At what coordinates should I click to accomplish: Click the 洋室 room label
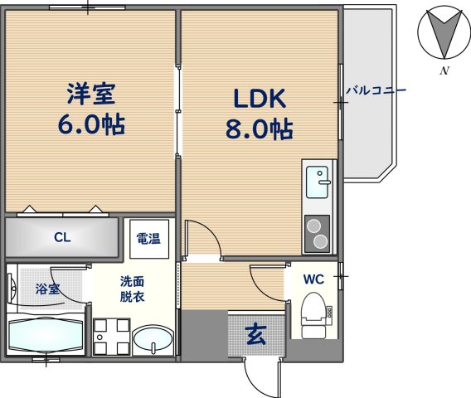[x=91, y=94]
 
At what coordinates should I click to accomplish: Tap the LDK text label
[x=260, y=99]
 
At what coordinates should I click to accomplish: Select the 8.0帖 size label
[x=260, y=129]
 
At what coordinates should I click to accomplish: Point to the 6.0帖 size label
[x=91, y=124]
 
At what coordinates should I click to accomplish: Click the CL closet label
[x=62, y=238]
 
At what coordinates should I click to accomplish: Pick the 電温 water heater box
[x=149, y=239]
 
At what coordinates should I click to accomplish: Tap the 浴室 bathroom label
[x=47, y=289]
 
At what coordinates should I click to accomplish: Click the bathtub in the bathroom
[x=46, y=333]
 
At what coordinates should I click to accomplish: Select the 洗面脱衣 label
[x=132, y=289]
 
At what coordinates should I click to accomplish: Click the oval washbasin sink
[x=153, y=339]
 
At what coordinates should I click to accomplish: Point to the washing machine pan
[x=111, y=337]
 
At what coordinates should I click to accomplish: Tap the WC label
[x=313, y=279]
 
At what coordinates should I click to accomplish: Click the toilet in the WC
[x=314, y=315]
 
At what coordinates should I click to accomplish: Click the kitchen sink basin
[x=317, y=182]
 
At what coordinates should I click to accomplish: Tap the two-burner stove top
[x=317, y=234]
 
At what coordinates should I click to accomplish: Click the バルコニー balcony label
[x=376, y=90]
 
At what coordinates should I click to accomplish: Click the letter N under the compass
[x=444, y=70]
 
